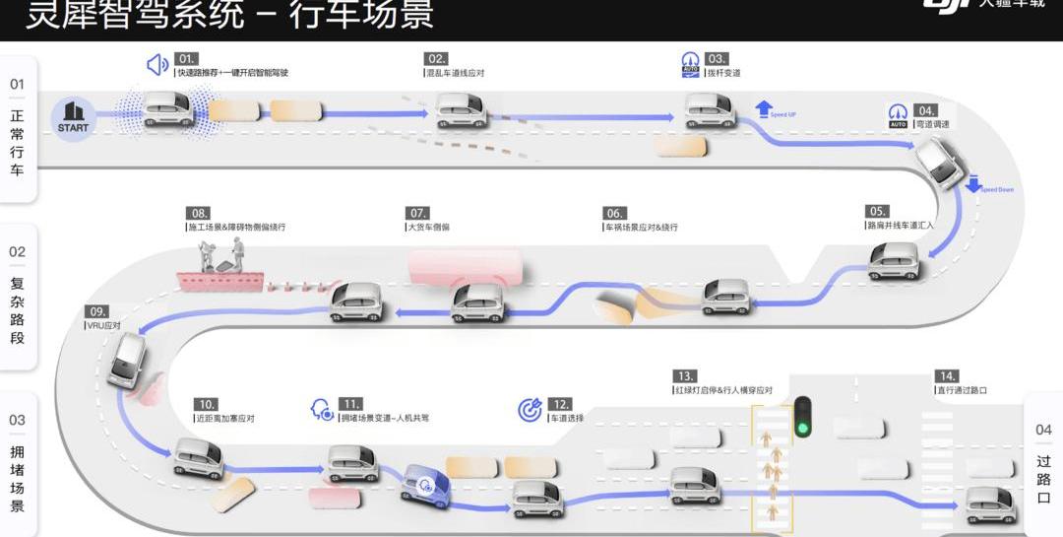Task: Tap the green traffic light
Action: [x=804, y=418]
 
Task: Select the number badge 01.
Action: [x=186, y=59]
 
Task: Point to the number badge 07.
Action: [x=418, y=213]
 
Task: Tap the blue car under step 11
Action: [x=425, y=483]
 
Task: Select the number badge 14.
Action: [x=947, y=376]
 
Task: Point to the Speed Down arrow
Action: [x=973, y=183]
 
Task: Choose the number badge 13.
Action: [x=685, y=376]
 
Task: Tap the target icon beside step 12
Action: [x=531, y=411]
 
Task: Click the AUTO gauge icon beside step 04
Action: [x=898, y=116]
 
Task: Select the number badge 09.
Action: [x=96, y=312]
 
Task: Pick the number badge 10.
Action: [x=206, y=404]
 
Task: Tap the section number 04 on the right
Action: [x=1043, y=430]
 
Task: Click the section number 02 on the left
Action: [x=18, y=251]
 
